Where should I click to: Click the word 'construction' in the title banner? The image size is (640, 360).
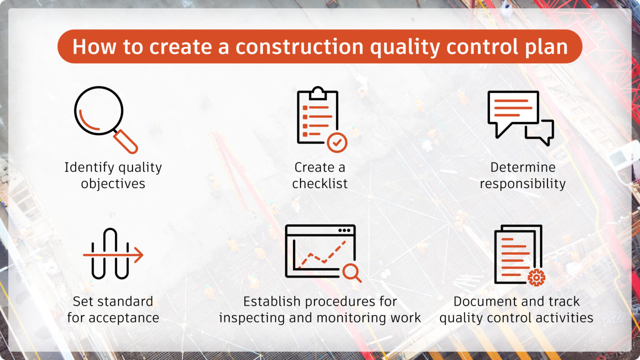[299, 47]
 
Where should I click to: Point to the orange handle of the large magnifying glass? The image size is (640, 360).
[126, 142]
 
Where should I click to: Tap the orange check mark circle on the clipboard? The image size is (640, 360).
[337, 143]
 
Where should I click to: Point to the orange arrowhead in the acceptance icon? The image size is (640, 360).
[139, 255]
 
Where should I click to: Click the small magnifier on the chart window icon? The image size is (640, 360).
[352, 272]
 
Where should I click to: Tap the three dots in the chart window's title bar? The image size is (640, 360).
[344, 230]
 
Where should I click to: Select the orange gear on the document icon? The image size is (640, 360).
[536, 277]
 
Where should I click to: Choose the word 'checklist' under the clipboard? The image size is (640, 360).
[320, 184]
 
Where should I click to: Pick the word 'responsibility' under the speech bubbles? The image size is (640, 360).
[522, 184]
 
